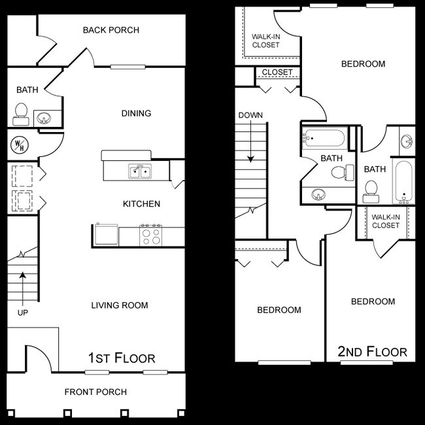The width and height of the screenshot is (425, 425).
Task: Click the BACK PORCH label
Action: tap(110, 30)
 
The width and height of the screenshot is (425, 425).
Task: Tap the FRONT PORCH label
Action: tap(95, 392)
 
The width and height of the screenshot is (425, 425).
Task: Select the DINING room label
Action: tap(136, 113)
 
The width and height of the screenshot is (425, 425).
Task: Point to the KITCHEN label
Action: tap(141, 204)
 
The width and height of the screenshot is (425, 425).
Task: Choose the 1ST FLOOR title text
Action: tap(122, 358)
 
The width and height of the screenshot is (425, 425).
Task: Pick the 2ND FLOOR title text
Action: tap(372, 352)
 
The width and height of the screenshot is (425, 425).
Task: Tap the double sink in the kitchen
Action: tap(139, 172)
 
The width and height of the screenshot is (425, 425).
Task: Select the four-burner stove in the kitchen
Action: tap(152, 235)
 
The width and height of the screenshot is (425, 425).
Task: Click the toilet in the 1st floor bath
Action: tap(20, 114)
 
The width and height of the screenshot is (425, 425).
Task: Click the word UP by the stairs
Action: tap(23, 313)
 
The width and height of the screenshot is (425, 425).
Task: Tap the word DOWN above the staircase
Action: tap(250, 116)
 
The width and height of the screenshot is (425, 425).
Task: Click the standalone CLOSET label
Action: tap(277, 73)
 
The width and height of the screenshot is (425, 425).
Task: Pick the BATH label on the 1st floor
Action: tap(27, 90)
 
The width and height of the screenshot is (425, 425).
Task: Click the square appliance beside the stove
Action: tap(105, 234)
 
